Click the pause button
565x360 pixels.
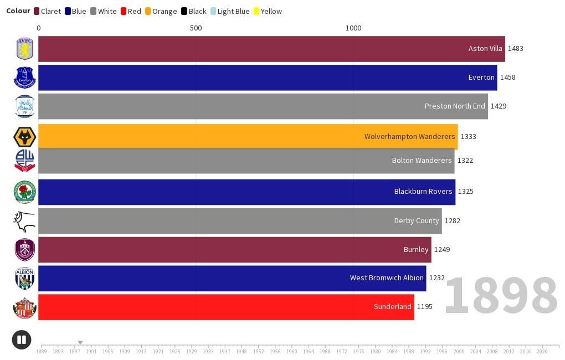pyautogui.click(x=22, y=340)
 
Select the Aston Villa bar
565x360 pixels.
pyautogui.click(x=271, y=49)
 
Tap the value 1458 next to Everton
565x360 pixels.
pyautogui.click(x=507, y=78)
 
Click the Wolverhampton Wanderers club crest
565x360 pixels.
pyautogui.click(x=24, y=137)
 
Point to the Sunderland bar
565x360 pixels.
pyautogui.click(x=226, y=307)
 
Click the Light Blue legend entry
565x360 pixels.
pyautogui.click(x=229, y=11)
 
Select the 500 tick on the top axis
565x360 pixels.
pyautogui.click(x=196, y=28)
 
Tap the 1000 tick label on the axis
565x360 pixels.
pyautogui.click(x=353, y=28)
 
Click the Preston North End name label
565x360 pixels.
pyautogui.click(x=454, y=106)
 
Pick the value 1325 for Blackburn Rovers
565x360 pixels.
pyautogui.click(x=465, y=192)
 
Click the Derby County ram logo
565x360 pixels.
pyautogui.click(x=24, y=221)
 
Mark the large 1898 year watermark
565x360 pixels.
pyautogui.click(x=500, y=296)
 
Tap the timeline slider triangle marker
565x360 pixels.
pyautogui.click(x=80, y=343)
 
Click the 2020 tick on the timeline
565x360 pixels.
pyautogui.click(x=542, y=351)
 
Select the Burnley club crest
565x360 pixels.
pyautogui.click(x=24, y=250)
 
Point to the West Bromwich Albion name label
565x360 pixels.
pyautogui.click(x=387, y=278)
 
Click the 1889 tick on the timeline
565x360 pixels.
pyautogui.click(x=42, y=351)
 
